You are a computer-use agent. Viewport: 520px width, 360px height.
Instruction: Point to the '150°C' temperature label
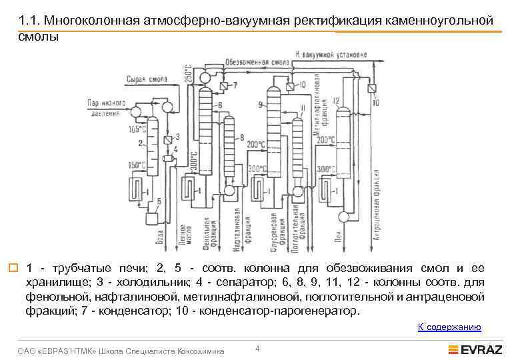(137, 165)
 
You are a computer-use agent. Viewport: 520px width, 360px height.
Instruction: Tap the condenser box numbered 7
(223, 86)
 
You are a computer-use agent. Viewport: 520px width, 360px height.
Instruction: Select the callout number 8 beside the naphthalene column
(241, 137)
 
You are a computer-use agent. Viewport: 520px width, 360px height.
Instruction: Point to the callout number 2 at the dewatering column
(140, 143)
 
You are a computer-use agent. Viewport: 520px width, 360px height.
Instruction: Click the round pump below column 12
(345, 216)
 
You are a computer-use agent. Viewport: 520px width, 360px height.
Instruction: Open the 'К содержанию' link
(449, 327)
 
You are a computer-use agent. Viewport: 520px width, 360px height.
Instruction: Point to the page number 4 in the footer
(257, 349)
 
